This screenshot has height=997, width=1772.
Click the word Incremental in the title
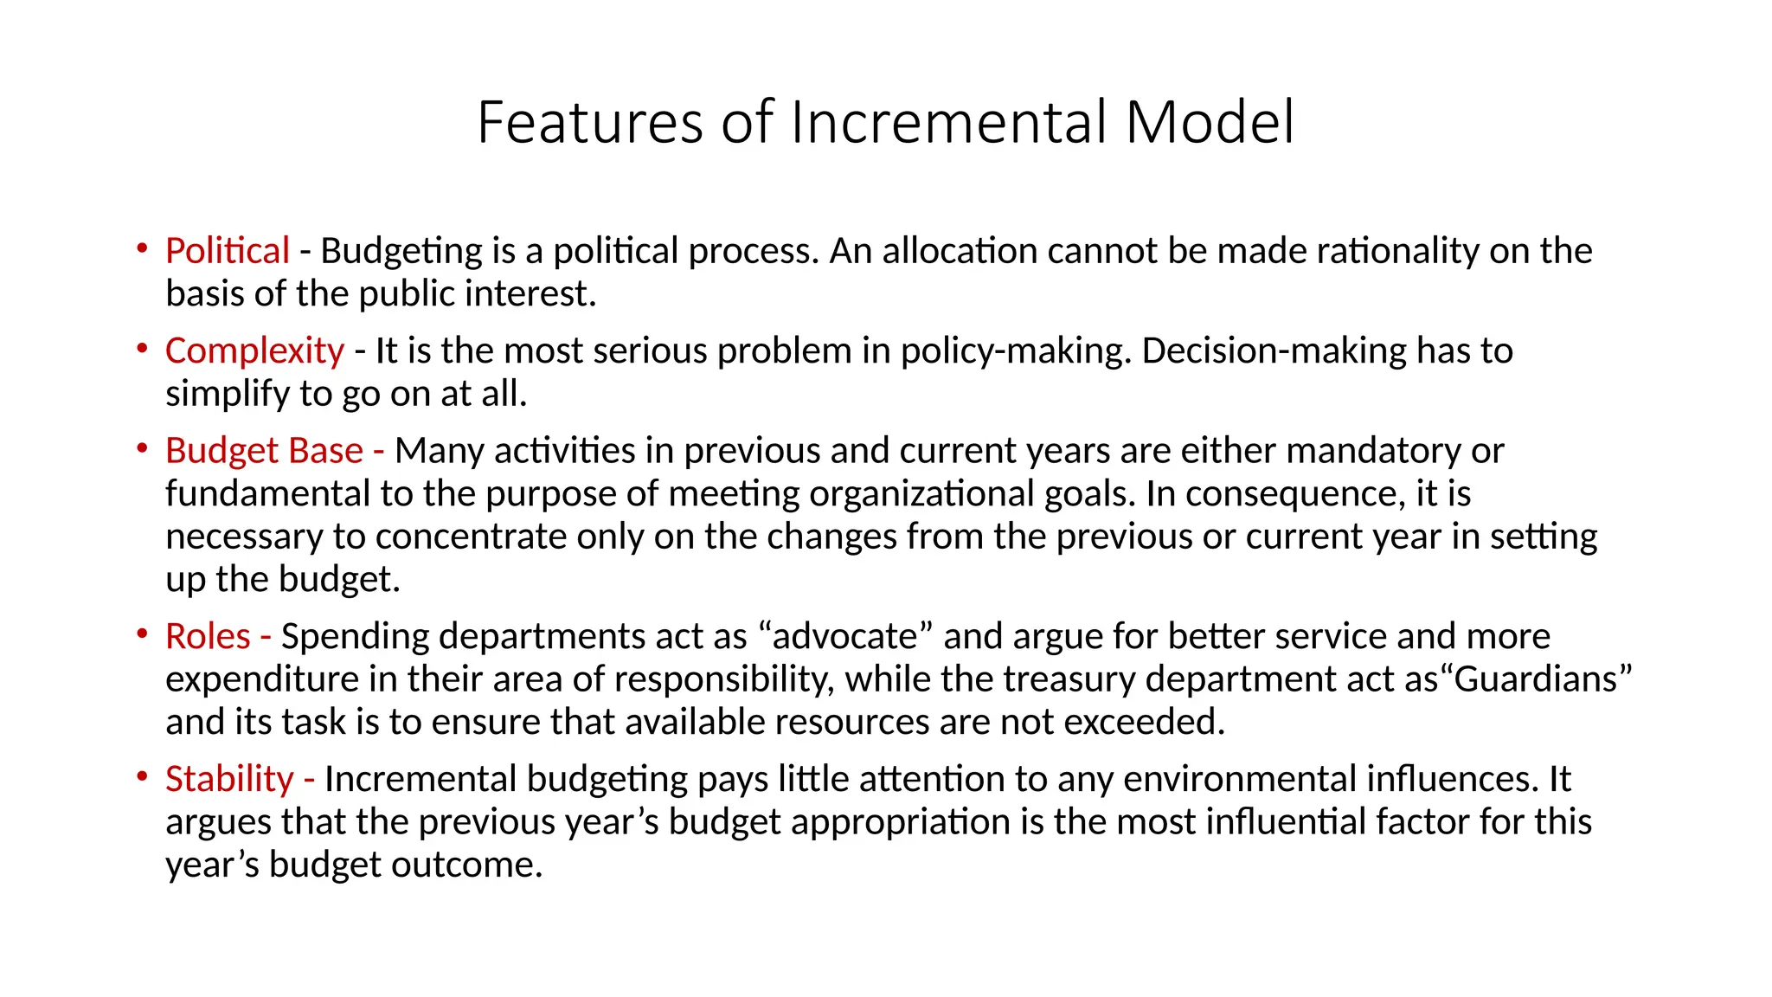949,122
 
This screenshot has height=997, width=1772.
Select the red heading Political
227,251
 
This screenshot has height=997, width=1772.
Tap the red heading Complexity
254,351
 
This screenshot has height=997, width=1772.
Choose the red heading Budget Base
264,451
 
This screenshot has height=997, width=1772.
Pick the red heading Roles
208,636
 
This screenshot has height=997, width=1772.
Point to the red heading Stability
229,779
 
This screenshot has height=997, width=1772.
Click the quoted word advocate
844,636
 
